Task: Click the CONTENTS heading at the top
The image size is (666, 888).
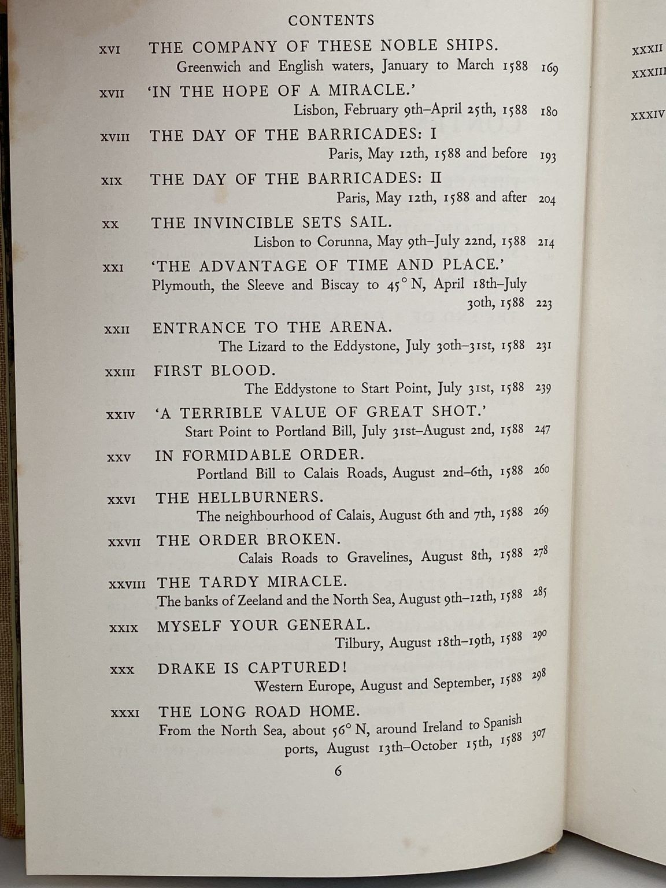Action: [331, 20]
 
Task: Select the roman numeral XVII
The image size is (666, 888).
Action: [112, 93]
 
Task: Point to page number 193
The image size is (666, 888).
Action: [547, 156]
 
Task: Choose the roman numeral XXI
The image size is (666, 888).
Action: [113, 268]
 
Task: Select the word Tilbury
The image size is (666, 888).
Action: [358, 643]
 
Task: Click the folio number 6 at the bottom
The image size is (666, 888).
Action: [338, 771]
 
